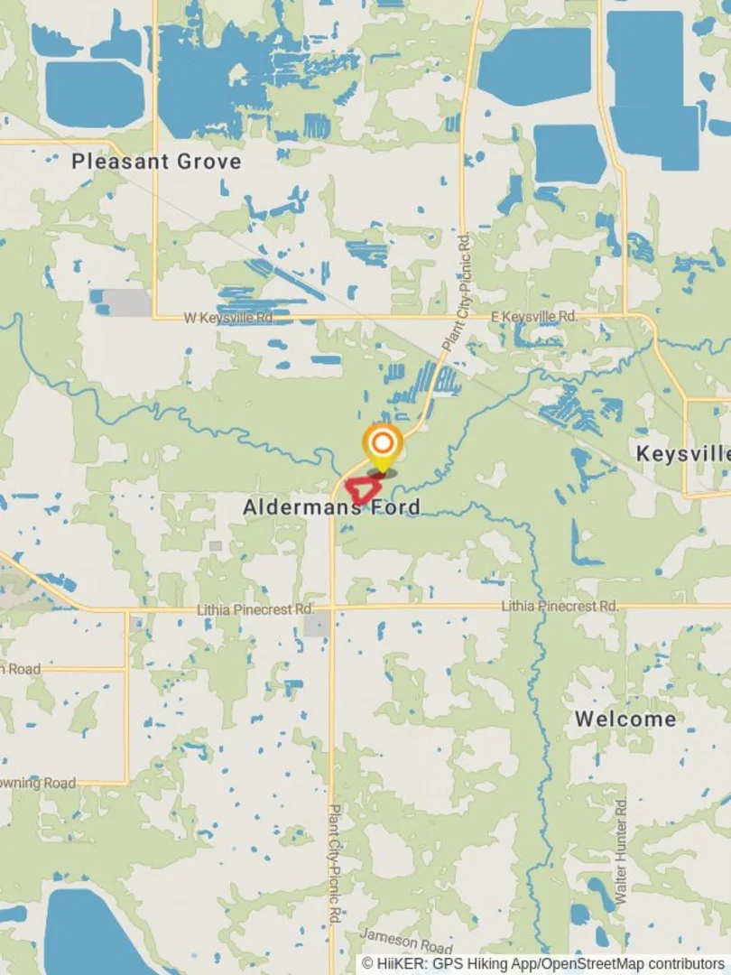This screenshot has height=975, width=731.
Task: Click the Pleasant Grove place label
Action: [156, 162]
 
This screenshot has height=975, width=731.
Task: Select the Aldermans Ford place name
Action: [331, 507]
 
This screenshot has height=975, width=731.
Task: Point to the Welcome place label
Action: [625, 720]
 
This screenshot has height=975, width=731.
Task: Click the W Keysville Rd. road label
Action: [228, 318]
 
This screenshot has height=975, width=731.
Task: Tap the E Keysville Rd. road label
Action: [532, 317]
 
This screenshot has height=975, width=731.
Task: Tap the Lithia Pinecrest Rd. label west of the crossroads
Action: [255, 610]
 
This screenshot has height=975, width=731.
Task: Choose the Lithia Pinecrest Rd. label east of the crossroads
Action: [560, 606]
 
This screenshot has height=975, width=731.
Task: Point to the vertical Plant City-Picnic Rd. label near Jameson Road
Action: [334, 862]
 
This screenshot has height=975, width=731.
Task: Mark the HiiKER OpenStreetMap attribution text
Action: [543, 964]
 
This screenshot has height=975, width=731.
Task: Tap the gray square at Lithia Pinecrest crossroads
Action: [317, 624]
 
